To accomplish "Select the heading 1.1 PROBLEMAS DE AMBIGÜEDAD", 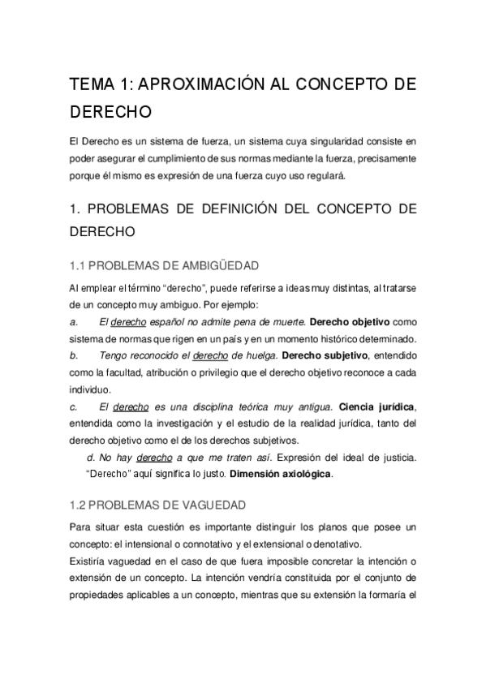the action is click(165, 264).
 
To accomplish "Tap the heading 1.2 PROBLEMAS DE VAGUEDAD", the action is click(155, 505).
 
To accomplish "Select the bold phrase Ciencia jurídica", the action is click(377, 406).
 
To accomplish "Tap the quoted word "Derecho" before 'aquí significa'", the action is click(109, 473).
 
